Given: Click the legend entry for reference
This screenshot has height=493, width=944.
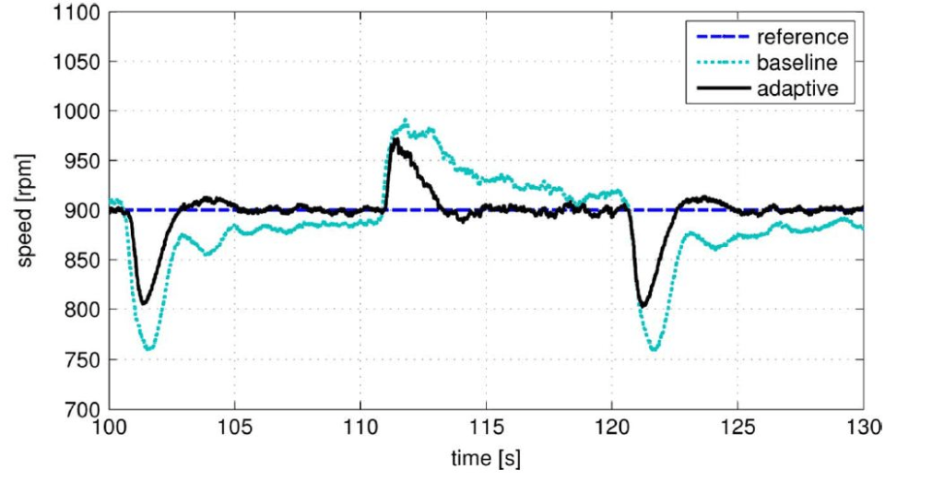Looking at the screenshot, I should tap(801, 38).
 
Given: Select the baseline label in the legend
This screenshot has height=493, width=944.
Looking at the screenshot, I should tap(796, 64).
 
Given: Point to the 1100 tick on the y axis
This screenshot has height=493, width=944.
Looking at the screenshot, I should tap(77, 14).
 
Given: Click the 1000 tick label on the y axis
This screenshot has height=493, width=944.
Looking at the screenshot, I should tap(77, 112).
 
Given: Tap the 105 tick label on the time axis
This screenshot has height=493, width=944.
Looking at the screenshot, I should tap(235, 428).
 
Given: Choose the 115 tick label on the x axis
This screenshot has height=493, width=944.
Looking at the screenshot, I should tap(486, 428).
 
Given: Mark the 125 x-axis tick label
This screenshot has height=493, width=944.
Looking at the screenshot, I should tap(737, 428).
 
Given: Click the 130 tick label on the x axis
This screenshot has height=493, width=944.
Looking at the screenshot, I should tap(863, 428).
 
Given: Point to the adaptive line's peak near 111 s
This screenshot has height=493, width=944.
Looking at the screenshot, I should tap(394, 139).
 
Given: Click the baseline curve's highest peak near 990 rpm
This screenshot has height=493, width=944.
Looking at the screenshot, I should tap(404, 121).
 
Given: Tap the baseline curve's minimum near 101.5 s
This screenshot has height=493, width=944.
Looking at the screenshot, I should tap(149, 349).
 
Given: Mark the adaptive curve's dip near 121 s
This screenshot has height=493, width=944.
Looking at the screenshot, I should tap(642, 305).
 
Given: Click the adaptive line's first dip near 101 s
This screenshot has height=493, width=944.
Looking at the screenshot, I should tap(143, 303).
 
